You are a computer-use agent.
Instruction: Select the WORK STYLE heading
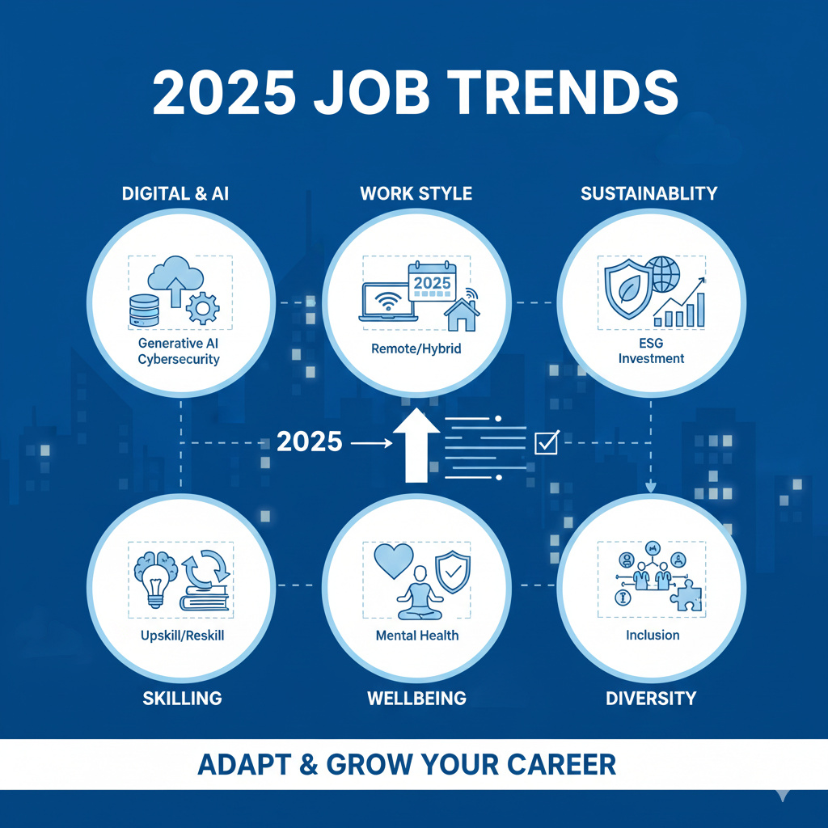click(416, 194)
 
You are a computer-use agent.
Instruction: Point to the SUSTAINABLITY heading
click(649, 194)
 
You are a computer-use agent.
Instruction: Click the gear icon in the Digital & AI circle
click(202, 308)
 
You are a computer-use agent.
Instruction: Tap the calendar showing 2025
click(433, 283)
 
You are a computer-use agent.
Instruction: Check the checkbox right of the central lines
click(547, 442)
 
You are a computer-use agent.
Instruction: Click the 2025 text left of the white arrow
click(309, 442)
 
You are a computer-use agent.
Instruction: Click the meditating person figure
click(417, 586)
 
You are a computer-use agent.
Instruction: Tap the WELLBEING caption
click(416, 698)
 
